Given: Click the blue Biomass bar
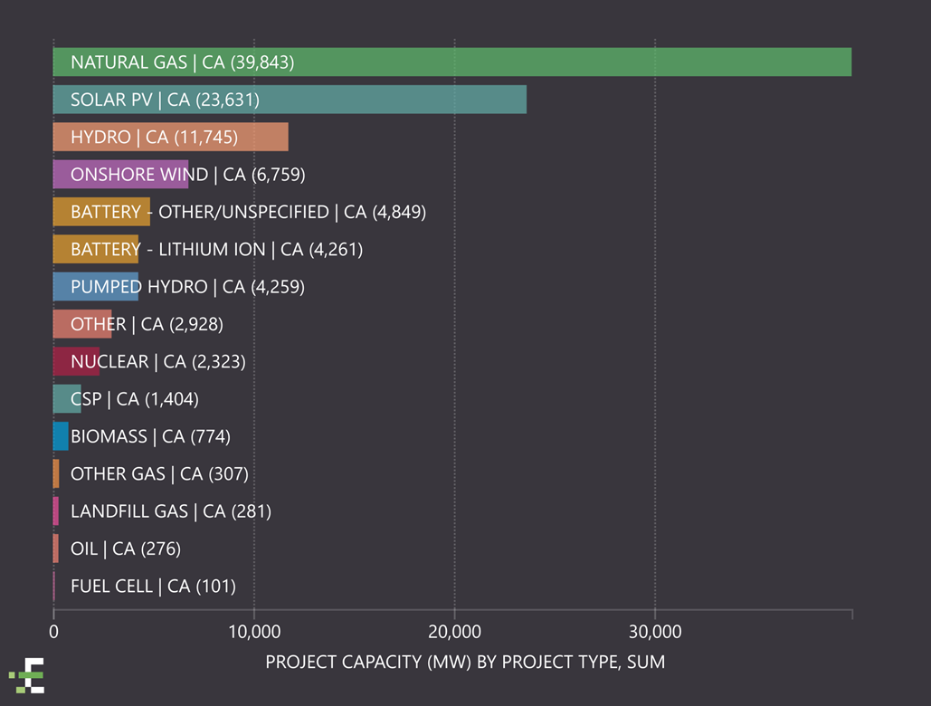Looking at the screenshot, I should click(x=61, y=436).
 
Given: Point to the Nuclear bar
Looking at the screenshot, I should click(x=76, y=361).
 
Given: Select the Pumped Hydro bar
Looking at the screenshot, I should click(x=96, y=286).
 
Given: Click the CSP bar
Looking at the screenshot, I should click(x=67, y=398).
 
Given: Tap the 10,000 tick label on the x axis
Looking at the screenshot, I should click(x=254, y=631).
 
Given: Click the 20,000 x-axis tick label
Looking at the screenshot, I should click(x=454, y=631).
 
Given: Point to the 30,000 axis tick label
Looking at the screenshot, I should click(x=654, y=631).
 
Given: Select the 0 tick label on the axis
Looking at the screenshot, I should click(x=53, y=631).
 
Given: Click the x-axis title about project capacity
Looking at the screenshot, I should click(x=465, y=663).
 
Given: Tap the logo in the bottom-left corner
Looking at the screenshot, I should click(x=28, y=675).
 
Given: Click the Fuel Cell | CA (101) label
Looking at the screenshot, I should click(x=153, y=587).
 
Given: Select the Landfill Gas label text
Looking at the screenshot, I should click(x=170, y=511).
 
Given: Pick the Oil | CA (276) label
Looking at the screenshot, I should click(x=126, y=549).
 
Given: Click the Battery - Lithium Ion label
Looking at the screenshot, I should click(x=216, y=249).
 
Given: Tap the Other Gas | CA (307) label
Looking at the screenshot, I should click(x=159, y=473).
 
